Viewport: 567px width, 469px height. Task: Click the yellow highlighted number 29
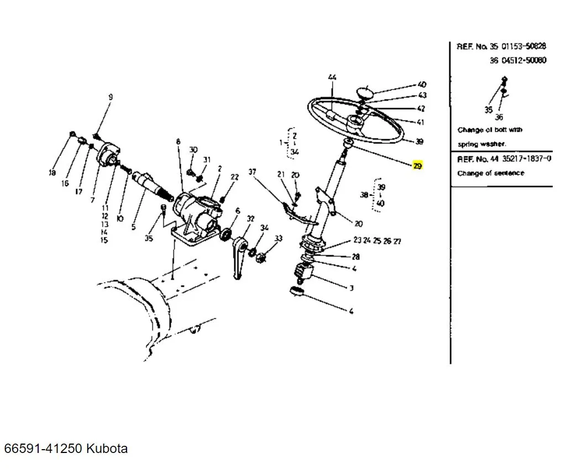(x=417, y=166)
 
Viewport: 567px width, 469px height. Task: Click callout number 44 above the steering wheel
(x=332, y=77)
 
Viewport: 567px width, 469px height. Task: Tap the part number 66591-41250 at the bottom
(x=43, y=448)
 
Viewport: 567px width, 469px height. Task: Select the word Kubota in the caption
(x=107, y=448)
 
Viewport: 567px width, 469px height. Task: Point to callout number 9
(x=111, y=97)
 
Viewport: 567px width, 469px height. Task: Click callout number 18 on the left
(x=53, y=172)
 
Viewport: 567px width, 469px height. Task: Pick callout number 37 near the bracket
(x=253, y=172)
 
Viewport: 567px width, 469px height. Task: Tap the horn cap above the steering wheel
(x=364, y=92)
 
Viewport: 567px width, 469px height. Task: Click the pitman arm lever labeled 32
(x=239, y=256)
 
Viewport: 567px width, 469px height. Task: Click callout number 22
(x=235, y=177)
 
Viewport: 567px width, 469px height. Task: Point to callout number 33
(x=279, y=239)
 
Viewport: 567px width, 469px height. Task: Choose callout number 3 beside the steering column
(x=351, y=288)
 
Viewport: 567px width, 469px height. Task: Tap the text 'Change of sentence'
(x=491, y=173)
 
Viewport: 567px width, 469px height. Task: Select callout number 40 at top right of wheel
(x=422, y=85)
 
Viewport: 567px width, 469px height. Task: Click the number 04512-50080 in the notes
(x=524, y=60)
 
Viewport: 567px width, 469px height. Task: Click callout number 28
(x=356, y=257)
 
